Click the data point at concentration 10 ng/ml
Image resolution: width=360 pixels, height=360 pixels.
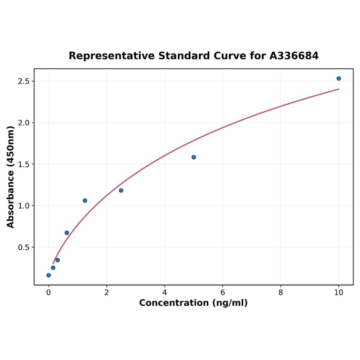click(x=338, y=78)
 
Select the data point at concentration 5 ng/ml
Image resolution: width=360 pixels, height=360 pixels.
click(x=194, y=157)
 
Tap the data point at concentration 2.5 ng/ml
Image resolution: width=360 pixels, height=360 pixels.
click(x=121, y=190)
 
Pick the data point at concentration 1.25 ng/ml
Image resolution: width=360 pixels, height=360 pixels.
click(x=85, y=200)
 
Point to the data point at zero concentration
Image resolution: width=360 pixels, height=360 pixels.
click(x=49, y=275)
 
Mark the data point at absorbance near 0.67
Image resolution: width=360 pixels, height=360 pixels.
click(x=67, y=233)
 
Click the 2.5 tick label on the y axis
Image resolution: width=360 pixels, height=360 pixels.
click(x=24, y=81)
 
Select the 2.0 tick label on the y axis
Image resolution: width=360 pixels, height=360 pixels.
click(x=24, y=123)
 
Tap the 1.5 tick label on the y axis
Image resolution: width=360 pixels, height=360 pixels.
click(x=24, y=164)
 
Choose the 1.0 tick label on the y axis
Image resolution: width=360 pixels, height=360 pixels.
click(x=24, y=205)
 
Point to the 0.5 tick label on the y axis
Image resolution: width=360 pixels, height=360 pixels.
click(x=24, y=247)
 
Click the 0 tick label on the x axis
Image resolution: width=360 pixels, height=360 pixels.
click(x=49, y=293)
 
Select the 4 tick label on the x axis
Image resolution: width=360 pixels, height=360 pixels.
click(x=164, y=293)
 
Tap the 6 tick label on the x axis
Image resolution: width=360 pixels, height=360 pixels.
click(x=222, y=293)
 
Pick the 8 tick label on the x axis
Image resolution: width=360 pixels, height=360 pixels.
click(x=280, y=293)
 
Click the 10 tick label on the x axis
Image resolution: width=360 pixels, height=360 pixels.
click(x=338, y=293)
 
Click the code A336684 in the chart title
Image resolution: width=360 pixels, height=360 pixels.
click(x=294, y=56)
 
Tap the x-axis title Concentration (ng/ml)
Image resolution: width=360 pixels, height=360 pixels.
click(x=193, y=303)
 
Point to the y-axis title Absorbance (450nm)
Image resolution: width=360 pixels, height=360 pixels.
click(x=11, y=177)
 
